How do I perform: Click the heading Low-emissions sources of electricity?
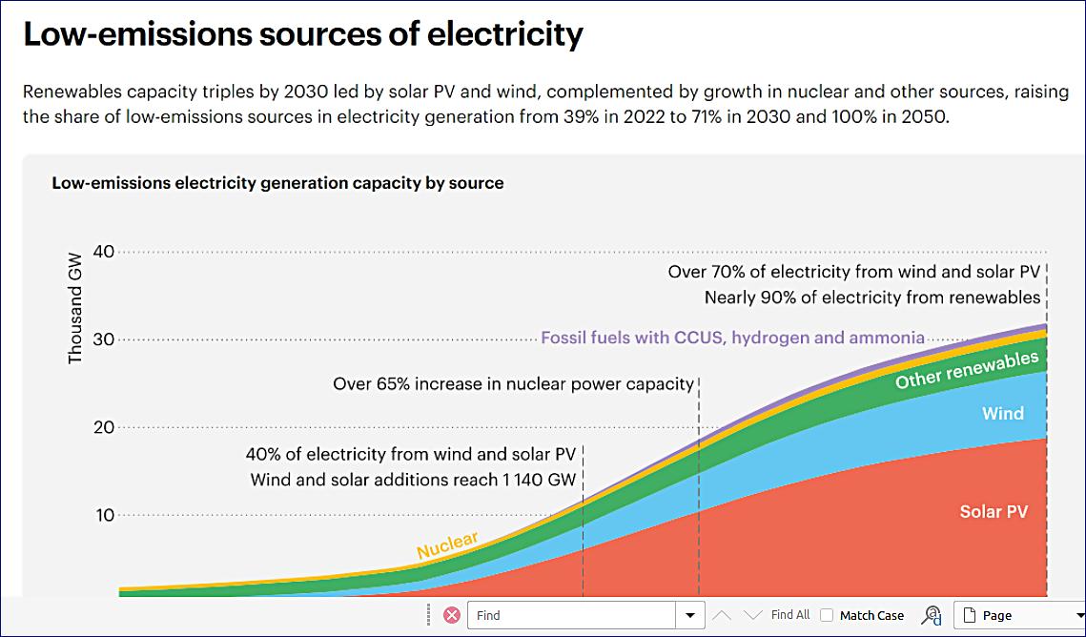[x=302, y=34]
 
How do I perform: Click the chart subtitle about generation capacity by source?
[x=277, y=182]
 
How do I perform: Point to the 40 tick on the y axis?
[x=104, y=252]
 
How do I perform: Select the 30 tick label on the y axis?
[x=104, y=339]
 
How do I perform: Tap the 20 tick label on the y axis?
[x=104, y=427]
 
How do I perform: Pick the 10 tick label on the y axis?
[x=104, y=515]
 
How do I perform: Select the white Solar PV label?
[x=994, y=511]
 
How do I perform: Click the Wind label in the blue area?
[x=1002, y=413]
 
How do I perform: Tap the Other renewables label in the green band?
[x=966, y=371]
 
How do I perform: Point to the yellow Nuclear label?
[x=447, y=545]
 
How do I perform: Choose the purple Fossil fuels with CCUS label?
[x=732, y=338]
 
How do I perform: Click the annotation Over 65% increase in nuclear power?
[x=513, y=384]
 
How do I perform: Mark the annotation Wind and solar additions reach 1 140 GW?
[x=413, y=480]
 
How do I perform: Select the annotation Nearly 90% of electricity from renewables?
[x=871, y=298]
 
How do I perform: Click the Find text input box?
[x=571, y=615]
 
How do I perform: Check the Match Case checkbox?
[x=827, y=615]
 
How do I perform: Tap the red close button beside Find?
[x=452, y=615]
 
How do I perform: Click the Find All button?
[x=790, y=615]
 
